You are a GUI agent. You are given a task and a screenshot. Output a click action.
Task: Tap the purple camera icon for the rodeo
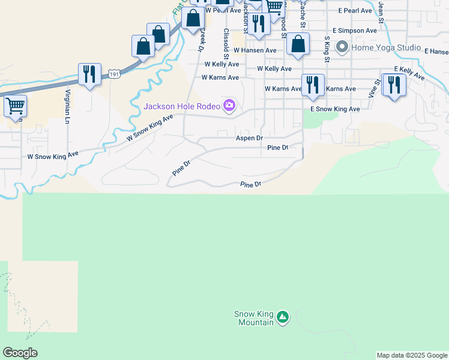point(229,107)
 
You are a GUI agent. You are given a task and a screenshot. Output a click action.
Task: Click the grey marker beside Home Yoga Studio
point(342,46)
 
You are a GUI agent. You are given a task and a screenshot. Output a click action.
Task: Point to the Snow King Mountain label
point(253,318)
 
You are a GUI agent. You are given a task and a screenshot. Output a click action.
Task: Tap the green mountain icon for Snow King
point(283,316)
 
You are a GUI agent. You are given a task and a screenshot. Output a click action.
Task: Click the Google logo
point(20,353)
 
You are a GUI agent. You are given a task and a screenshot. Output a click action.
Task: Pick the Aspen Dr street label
point(249,138)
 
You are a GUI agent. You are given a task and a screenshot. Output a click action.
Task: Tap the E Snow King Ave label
point(335,109)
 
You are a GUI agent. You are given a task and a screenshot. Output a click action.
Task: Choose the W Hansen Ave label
point(255,50)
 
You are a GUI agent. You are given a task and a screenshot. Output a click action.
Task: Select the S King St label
point(327,49)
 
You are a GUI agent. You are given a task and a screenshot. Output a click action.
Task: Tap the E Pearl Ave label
point(357,11)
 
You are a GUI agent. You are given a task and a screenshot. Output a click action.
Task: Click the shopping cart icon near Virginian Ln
point(15,106)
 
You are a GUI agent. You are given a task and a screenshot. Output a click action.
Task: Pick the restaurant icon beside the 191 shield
point(89,74)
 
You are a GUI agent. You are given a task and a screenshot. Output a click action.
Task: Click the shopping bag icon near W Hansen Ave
point(298,44)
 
